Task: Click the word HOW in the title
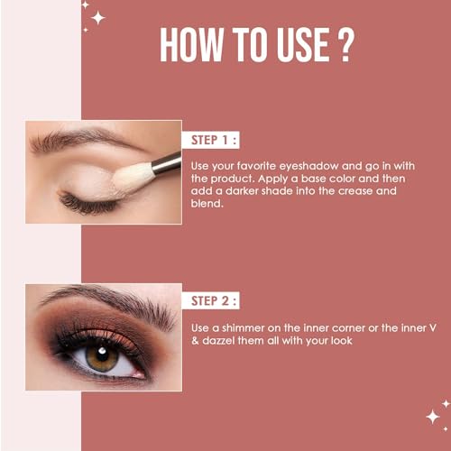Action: (x=190, y=45)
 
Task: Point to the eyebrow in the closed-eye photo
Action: (x=81, y=139)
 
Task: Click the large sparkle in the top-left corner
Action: (x=97, y=16)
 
